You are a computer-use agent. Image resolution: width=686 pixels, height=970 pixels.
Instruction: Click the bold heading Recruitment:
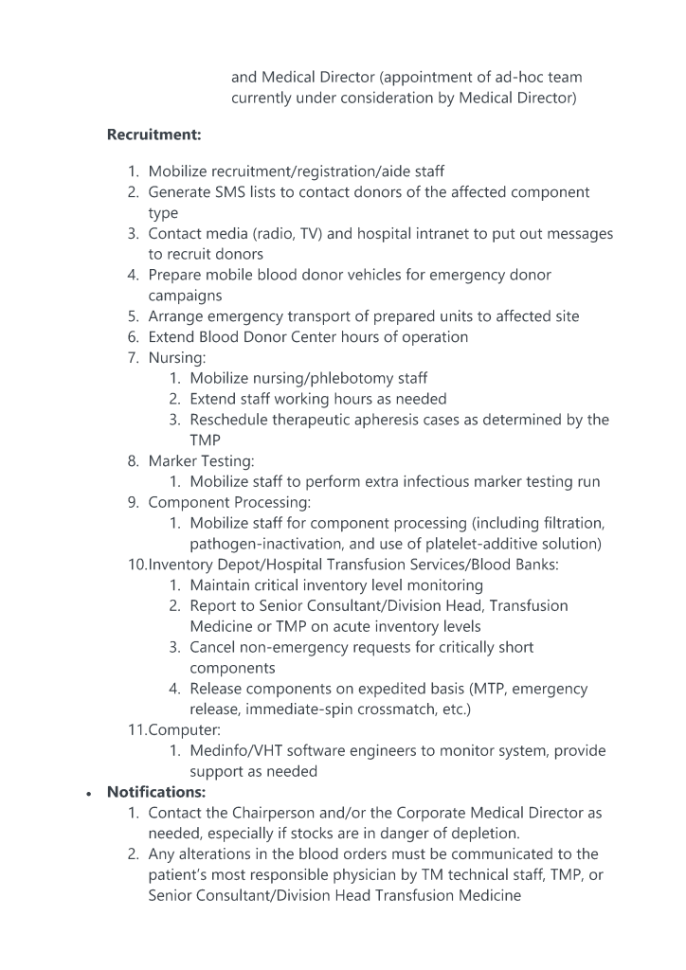pyautogui.click(x=153, y=135)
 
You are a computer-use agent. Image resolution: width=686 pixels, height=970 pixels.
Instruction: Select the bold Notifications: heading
pyautogui.click(x=155, y=792)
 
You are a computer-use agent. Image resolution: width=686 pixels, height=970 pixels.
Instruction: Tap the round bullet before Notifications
pyautogui.click(x=88, y=793)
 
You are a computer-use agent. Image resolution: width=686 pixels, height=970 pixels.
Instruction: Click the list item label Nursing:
pyautogui.click(x=177, y=358)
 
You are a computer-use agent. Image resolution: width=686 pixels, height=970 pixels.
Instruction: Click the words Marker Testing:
pyautogui.click(x=201, y=461)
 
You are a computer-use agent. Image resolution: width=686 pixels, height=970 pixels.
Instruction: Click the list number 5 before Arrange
pyautogui.click(x=134, y=316)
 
